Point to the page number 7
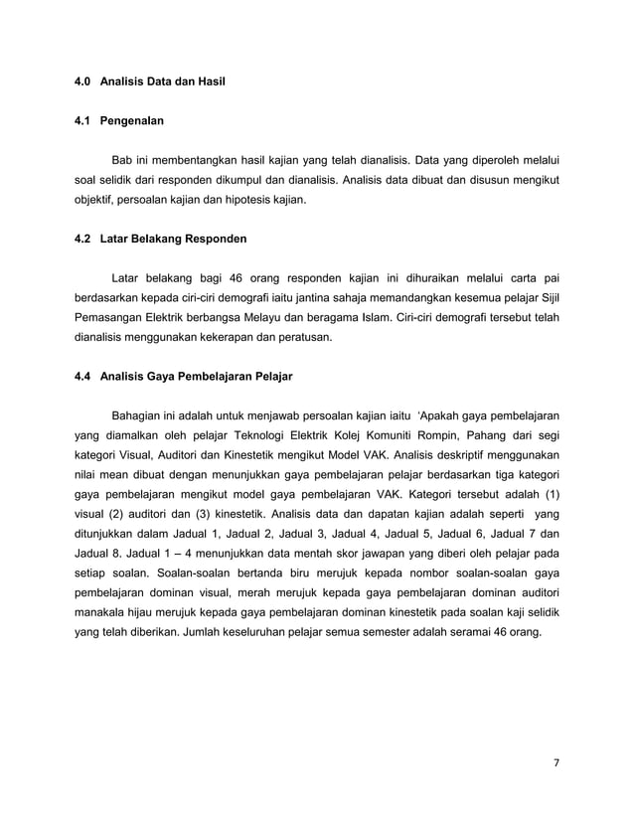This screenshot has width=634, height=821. point(556,764)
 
